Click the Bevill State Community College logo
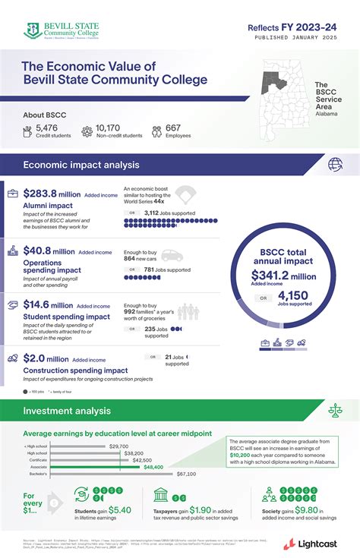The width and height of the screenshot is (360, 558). [62, 30]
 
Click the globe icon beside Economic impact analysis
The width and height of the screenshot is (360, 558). [334, 164]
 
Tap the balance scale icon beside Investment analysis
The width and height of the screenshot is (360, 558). [334, 411]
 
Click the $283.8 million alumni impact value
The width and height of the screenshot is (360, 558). [52, 194]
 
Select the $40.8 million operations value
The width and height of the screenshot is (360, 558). [49, 251]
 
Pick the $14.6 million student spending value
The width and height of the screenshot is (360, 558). [48, 305]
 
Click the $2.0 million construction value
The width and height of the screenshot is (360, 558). [46, 359]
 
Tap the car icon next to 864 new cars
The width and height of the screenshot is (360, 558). [172, 256]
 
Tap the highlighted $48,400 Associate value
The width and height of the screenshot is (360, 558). [153, 467]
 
